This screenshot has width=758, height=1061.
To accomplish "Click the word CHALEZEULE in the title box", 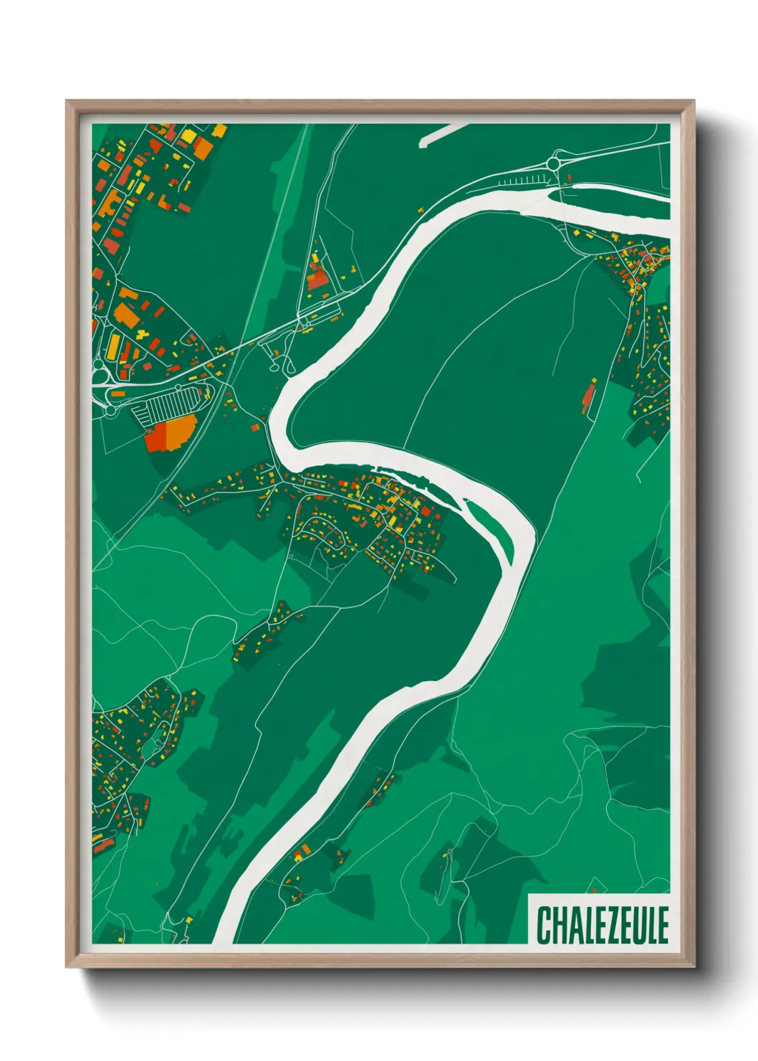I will click(602, 925).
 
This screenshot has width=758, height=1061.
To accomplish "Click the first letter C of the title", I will click(543, 925).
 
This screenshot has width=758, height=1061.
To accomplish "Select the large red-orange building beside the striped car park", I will click(169, 434).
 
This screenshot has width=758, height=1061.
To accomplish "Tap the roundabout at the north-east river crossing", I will click(555, 164).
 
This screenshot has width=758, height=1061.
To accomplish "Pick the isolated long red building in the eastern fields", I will click(588, 398).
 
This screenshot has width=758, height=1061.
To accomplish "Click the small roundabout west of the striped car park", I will click(109, 411).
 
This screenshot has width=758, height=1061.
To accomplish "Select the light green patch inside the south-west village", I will click(151, 749).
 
